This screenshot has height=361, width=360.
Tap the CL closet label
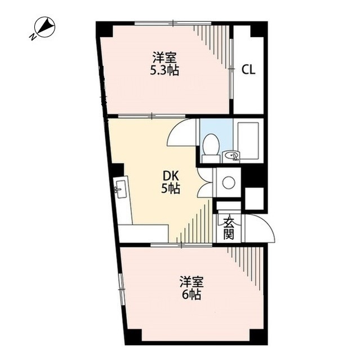[248, 69]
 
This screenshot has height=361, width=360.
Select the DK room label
[171, 177]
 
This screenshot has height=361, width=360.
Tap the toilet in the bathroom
[211, 148]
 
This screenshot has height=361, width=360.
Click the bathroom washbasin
[231, 156]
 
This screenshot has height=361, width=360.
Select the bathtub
[248, 141]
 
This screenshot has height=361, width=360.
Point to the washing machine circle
[229, 183]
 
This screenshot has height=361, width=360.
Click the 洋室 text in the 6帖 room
[192, 282]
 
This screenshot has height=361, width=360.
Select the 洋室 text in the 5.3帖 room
[165, 58]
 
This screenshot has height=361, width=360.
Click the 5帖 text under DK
[170, 189]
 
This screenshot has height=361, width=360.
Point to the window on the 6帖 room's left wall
[121, 288]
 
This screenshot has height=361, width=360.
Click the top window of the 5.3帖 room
[173, 23]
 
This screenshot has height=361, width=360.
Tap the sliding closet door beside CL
[232, 69]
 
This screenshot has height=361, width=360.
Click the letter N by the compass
[33, 37]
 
